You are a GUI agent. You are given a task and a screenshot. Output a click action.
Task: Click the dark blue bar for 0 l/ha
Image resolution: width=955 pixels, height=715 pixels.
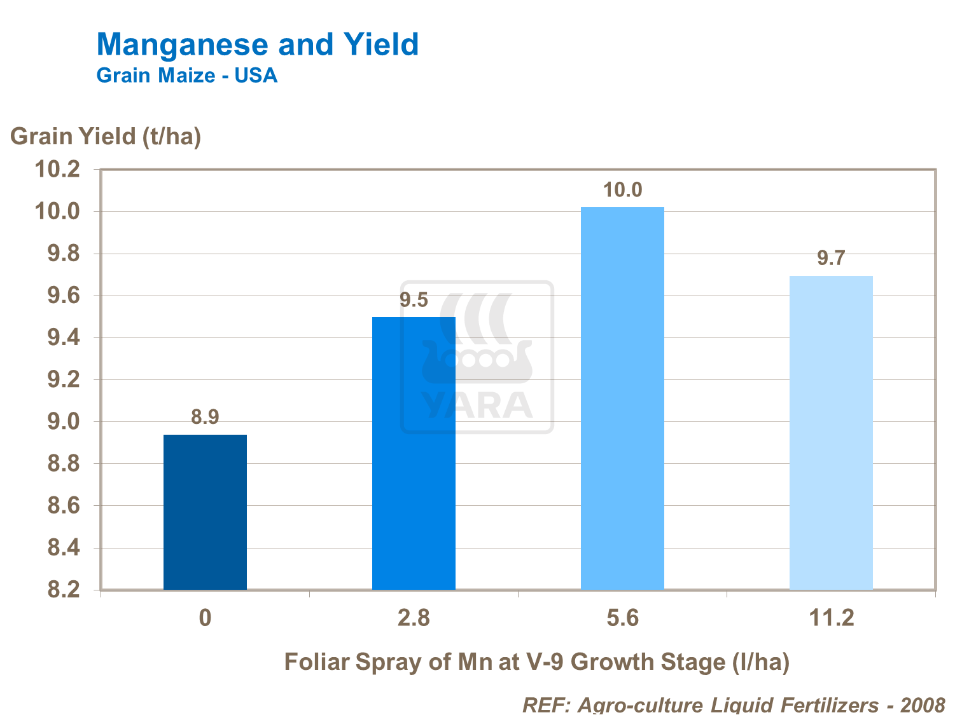pyautogui.click(x=205, y=512)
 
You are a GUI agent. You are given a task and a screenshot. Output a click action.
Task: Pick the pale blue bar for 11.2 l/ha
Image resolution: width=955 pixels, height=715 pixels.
pyautogui.click(x=831, y=432)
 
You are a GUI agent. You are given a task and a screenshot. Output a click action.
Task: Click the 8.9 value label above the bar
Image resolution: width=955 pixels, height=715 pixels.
pyautogui.click(x=205, y=417)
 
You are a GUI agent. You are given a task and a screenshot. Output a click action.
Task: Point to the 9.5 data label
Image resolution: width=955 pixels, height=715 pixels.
pyautogui.click(x=414, y=300)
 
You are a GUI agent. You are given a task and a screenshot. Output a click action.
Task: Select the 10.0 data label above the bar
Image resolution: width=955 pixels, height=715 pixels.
pyautogui.click(x=622, y=190)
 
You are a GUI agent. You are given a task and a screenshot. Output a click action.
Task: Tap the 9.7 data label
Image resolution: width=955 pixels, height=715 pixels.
pyautogui.click(x=831, y=258)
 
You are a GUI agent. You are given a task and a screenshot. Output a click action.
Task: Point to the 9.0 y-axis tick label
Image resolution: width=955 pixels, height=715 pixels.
pyautogui.click(x=64, y=422)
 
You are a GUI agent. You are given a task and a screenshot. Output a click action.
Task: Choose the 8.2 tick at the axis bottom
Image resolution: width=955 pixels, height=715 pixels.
pyautogui.click(x=64, y=590)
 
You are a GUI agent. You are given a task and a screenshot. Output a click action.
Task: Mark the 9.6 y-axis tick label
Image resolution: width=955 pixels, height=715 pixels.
pyautogui.click(x=64, y=296)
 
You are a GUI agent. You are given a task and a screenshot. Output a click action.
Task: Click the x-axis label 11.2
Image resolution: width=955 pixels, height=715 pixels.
pyautogui.click(x=831, y=618)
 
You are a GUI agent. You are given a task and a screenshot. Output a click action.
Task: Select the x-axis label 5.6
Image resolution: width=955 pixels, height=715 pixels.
pyautogui.click(x=622, y=618)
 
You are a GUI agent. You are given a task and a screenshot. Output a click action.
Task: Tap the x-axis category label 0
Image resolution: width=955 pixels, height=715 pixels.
pyautogui.click(x=205, y=618)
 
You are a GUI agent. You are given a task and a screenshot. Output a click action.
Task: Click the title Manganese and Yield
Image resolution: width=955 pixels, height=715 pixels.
pyautogui.click(x=258, y=44)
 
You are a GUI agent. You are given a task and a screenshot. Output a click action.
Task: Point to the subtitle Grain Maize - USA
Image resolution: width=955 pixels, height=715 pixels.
pyautogui.click(x=187, y=76)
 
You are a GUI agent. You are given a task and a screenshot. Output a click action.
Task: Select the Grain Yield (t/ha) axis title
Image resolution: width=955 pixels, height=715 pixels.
pyautogui.click(x=106, y=136)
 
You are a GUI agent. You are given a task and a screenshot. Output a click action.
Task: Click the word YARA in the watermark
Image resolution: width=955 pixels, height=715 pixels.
pyautogui.click(x=477, y=405)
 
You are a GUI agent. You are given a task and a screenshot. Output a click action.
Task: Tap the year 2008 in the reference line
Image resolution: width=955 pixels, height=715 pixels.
pyautogui.click(x=923, y=705)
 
